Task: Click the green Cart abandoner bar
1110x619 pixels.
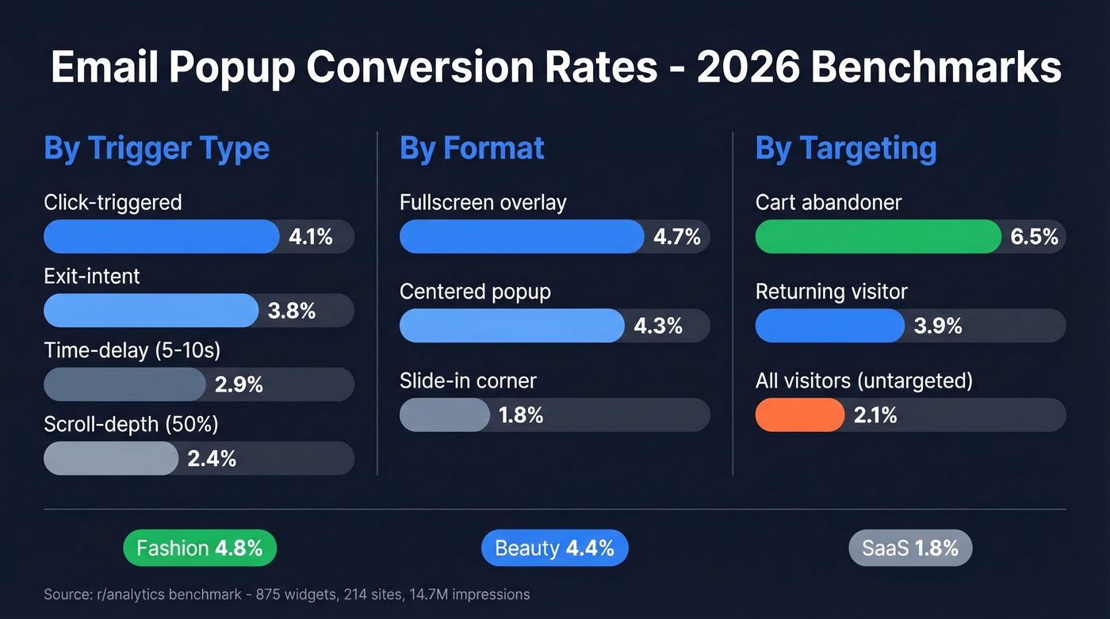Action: (878, 237)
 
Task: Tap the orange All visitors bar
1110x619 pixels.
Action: (799, 415)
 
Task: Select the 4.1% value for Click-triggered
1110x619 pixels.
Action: (310, 237)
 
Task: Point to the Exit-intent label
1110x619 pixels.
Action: (92, 276)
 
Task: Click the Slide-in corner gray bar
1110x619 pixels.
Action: (444, 415)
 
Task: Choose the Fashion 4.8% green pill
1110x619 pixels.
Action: (200, 548)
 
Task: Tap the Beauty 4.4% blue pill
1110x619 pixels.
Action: (554, 548)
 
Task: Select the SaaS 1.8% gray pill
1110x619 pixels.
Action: (910, 548)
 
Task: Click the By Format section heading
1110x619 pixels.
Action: (472, 148)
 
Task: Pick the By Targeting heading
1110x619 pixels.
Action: (846, 148)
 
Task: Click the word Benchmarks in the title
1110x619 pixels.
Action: (936, 67)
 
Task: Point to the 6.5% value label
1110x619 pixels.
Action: (1035, 237)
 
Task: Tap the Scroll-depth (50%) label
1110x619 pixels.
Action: (131, 424)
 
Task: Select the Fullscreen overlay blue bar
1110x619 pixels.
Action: (521, 237)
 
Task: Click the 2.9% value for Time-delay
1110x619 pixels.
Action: (239, 385)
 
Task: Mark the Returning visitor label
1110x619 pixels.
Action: (831, 292)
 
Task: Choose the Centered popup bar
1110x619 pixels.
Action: (511, 326)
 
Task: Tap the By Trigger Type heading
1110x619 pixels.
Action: (157, 148)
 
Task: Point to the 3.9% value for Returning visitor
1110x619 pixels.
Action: (938, 326)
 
